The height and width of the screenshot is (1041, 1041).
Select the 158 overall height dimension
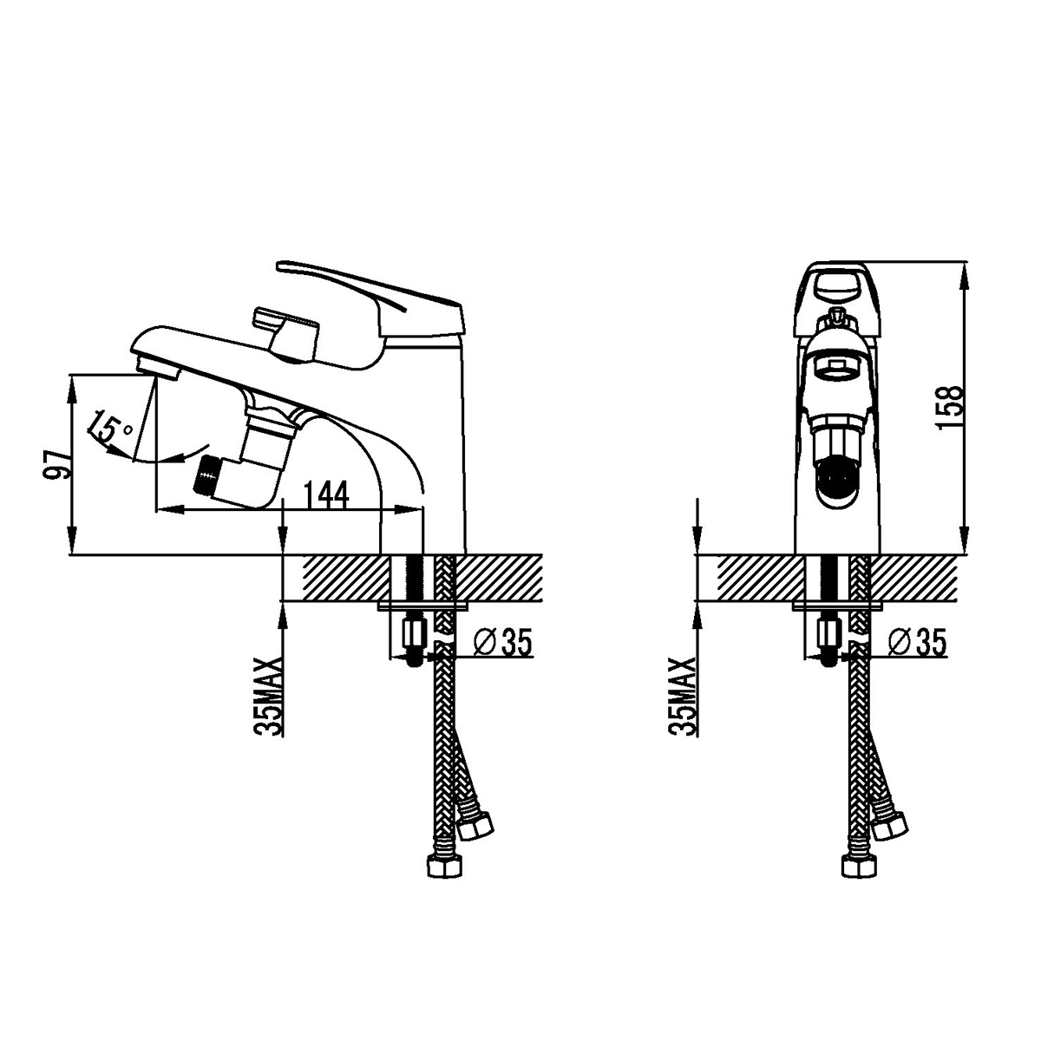click(949, 407)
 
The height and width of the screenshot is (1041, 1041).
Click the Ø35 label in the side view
click(503, 642)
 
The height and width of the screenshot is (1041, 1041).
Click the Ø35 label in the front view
click(917, 642)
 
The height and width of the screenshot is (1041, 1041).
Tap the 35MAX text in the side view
click(268, 697)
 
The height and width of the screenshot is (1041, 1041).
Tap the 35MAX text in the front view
click(683, 697)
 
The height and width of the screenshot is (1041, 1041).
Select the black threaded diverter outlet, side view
click(209, 475)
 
